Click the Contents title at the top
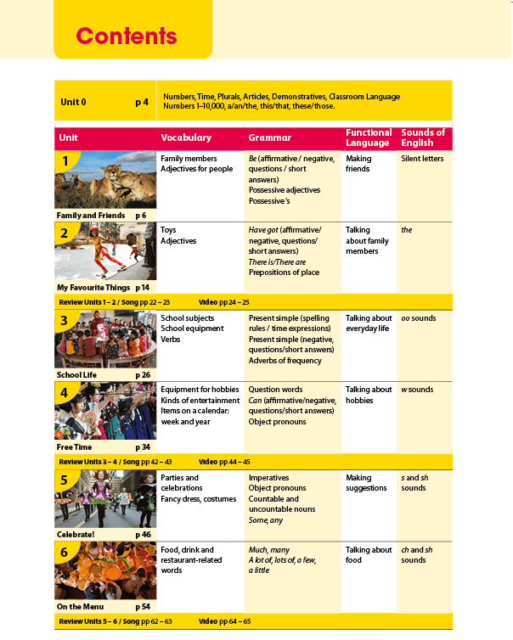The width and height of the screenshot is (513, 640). point(127,36)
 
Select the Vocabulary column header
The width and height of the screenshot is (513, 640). point(186,138)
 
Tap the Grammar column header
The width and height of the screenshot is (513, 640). point(269,138)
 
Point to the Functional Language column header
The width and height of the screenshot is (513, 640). point(369,138)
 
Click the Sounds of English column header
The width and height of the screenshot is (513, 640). point(423,138)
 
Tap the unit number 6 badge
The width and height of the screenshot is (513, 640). point(65,553)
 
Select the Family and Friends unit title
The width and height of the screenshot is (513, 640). point(90,216)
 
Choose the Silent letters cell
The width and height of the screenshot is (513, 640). point(422,159)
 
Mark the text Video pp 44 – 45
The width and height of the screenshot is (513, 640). point(224,462)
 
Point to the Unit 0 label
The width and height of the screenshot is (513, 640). point(73,102)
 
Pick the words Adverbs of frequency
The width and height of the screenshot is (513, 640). point(285,361)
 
